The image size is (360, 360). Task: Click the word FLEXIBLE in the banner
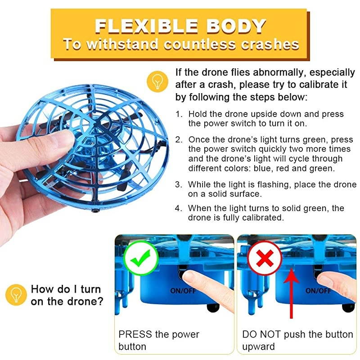click(x=147, y=26)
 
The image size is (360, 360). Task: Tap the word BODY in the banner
click(x=236, y=26)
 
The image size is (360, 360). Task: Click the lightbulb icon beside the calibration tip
click(x=157, y=81)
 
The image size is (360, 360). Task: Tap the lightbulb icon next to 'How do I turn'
click(x=16, y=295)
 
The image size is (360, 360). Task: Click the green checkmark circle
click(x=141, y=258)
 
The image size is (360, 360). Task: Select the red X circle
click(x=265, y=258)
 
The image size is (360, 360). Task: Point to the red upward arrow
click(x=291, y=293)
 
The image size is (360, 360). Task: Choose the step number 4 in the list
click(x=178, y=208)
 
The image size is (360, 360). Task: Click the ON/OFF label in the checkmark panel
click(x=183, y=291)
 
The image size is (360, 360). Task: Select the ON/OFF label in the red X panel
click(x=318, y=291)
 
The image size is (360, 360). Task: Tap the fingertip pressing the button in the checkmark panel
click(x=191, y=275)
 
